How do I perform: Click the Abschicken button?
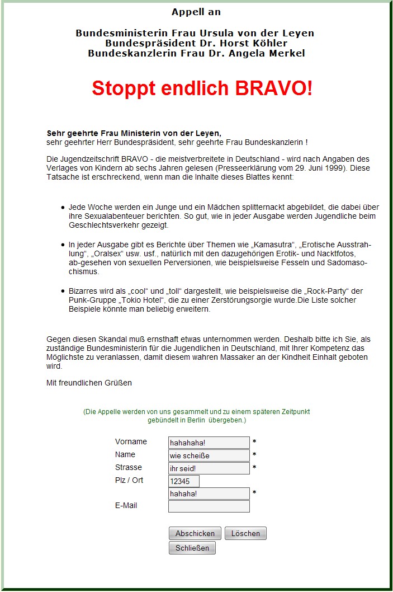[195, 533]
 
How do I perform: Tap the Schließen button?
[192, 548]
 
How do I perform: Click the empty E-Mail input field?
[209, 506]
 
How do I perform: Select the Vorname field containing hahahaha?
[209, 443]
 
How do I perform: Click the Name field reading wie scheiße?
[209, 455]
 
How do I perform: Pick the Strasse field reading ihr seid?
[209, 468]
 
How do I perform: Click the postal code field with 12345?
[183, 481]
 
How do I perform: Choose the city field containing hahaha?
[209, 494]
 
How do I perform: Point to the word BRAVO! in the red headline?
[273, 88]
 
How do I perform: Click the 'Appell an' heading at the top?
[196, 12]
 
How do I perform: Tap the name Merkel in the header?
[285, 53]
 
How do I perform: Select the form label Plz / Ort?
[129, 480]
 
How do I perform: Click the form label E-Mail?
[126, 505]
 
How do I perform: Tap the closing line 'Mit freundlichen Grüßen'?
[89, 383]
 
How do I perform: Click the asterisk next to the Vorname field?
[254, 442]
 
